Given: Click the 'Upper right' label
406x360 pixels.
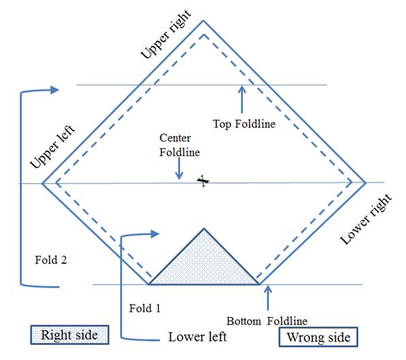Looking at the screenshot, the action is pyautogui.click(x=166, y=34).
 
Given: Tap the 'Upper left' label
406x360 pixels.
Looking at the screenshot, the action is pyautogui.click(x=53, y=146).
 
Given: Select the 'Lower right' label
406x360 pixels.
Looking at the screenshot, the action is pyautogui.click(x=366, y=219).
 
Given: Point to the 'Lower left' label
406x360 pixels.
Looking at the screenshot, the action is pyautogui.click(x=198, y=337).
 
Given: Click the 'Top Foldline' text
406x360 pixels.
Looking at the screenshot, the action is pyautogui.click(x=244, y=124).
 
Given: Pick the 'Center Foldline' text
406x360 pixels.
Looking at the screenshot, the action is pyautogui.click(x=179, y=145).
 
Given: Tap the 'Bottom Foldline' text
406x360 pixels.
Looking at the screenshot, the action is pyautogui.click(x=267, y=321).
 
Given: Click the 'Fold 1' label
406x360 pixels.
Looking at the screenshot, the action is pyautogui.click(x=145, y=308).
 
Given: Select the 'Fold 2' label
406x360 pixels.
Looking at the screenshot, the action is pyautogui.click(x=50, y=260).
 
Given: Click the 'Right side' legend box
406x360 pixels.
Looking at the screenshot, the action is pyautogui.click(x=70, y=335).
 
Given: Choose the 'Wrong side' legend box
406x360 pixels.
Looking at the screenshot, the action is pyautogui.click(x=318, y=337).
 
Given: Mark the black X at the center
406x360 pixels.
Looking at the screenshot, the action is pyautogui.click(x=203, y=181).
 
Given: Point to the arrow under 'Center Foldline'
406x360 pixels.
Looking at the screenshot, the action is pyautogui.click(x=179, y=168).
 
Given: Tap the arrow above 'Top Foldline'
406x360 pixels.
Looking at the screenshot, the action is pyautogui.click(x=242, y=99).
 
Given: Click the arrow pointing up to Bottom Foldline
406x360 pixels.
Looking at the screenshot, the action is pyautogui.click(x=268, y=298).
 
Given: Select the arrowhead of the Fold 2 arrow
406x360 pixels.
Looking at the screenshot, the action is pyautogui.click(x=55, y=90).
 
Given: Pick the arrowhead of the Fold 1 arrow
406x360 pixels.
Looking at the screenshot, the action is pyautogui.click(x=155, y=234).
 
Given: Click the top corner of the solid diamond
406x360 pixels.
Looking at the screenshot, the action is pyautogui.click(x=203, y=20).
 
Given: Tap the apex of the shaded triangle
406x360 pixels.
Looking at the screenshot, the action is pyautogui.click(x=204, y=228).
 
